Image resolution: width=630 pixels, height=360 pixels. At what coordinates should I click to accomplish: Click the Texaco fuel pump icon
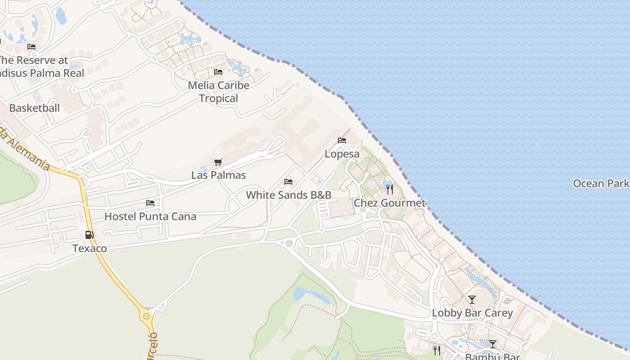[x=90, y=234]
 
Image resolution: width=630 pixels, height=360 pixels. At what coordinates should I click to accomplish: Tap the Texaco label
[x=90, y=248]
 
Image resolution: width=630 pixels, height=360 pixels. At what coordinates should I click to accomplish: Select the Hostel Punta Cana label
[x=150, y=216]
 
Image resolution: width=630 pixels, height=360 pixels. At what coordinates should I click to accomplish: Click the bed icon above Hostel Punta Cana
[x=150, y=203]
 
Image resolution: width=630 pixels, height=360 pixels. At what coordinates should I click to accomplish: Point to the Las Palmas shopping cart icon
[x=218, y=162]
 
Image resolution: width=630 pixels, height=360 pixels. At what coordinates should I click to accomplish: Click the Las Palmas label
[x=219, y=175]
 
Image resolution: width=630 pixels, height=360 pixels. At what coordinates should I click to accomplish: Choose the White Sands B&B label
[x=288, y=195]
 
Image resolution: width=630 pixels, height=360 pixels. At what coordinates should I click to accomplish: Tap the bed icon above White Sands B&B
[x=288, y=182]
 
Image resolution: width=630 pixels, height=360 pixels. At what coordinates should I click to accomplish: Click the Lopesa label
[x=342, y=154]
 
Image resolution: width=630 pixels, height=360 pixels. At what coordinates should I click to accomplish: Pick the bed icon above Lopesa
[x=342, y=140]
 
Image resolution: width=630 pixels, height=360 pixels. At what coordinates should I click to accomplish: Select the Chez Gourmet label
[x=390, y=203]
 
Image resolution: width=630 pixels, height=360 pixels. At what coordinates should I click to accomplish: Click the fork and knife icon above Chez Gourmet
[x=390, y=189]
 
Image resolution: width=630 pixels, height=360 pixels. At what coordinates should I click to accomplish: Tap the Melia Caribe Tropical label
[x=218, y=92]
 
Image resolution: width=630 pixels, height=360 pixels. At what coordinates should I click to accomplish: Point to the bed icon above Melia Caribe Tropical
[x=218, y=72]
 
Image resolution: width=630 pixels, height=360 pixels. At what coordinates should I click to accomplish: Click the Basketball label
[x=34, y=108]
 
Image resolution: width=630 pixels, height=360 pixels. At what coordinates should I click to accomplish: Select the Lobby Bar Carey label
[x=472, y=313]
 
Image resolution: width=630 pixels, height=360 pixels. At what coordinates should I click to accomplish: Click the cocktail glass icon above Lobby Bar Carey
[x=472, y=299]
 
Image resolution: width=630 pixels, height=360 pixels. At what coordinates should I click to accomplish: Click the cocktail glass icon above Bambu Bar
[x=493, y=344]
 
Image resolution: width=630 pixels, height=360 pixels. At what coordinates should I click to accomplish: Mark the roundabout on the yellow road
[x=146, y=316]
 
